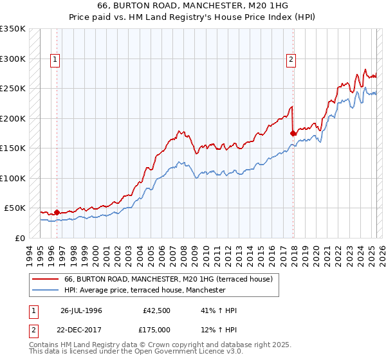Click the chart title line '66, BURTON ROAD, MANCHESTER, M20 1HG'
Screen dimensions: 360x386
pyautogui.click(x=192, y=5)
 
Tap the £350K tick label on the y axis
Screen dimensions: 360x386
pyautogui.click(x=13, y=29)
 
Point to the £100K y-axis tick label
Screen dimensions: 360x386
pyautogui.click(x=13, y=178)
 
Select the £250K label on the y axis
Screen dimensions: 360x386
pyautogui.click(x=13, y=89)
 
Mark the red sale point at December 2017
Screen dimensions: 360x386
pyautogui.click(x=293, y=133)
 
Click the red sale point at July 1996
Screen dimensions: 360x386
pyautogui.click(x=57, y=212)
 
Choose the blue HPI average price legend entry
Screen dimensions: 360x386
pyautogui.click(x=145, y=291)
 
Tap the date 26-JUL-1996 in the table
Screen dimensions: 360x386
pyautogui.click(x=81, y=310)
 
